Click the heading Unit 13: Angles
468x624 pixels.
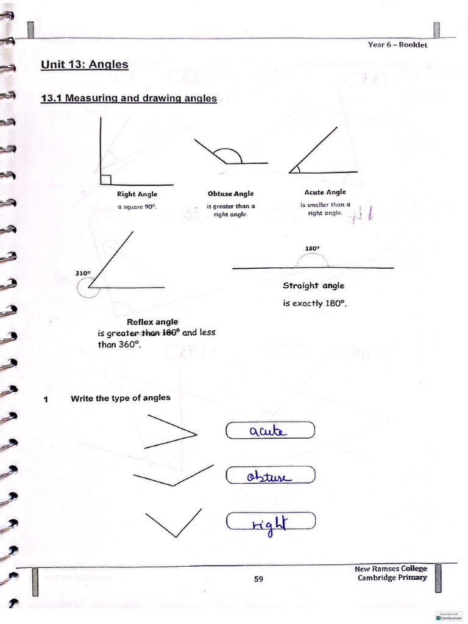[x=84, y=64]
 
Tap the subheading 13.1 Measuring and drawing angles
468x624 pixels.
[x=129, y=97]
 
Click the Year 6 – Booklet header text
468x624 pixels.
[x=397, y=44]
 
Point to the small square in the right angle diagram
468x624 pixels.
[x=105, y=179]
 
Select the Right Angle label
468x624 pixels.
[x=137, y=194]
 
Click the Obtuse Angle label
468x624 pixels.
[x=230, y=194]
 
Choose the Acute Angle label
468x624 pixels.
[x=325, y=192]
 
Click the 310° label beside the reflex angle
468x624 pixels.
[x=83, y=273]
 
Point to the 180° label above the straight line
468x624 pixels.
[x=313, y=248]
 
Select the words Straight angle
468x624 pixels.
[x=313, y=285]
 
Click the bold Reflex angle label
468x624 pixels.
[x=152, y=322]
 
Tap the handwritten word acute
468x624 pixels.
[x=266, y=431]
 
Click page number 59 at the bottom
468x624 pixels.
[x=258, y=579]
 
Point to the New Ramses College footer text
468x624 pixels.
[x=391, y=569]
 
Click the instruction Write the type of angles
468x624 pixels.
[x=121, y=398]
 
